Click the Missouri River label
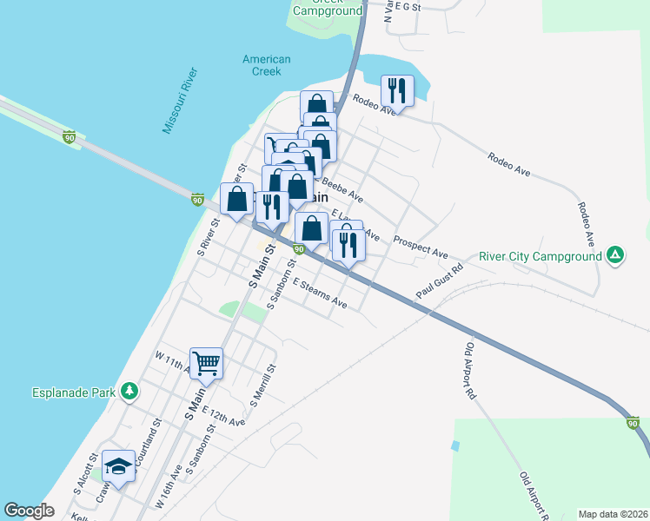[x=181, y=101]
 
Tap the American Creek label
[x=266, y=65]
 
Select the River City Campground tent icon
[x=614, y=255]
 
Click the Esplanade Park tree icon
[x=129, y=392]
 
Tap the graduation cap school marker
[x=118, y=466]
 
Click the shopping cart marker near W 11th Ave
[x=206, y=363]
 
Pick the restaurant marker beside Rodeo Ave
[x=397, y=89]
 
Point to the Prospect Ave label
[x=421, y=247]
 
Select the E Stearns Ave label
[x=320, y=293]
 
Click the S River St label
[x=209, y=236]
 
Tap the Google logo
[x=29, y=511]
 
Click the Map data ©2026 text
[x=612, y=514]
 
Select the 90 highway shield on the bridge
[x=70, y=136]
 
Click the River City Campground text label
[x=541, y=256]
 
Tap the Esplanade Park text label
[x=72, y=392]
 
